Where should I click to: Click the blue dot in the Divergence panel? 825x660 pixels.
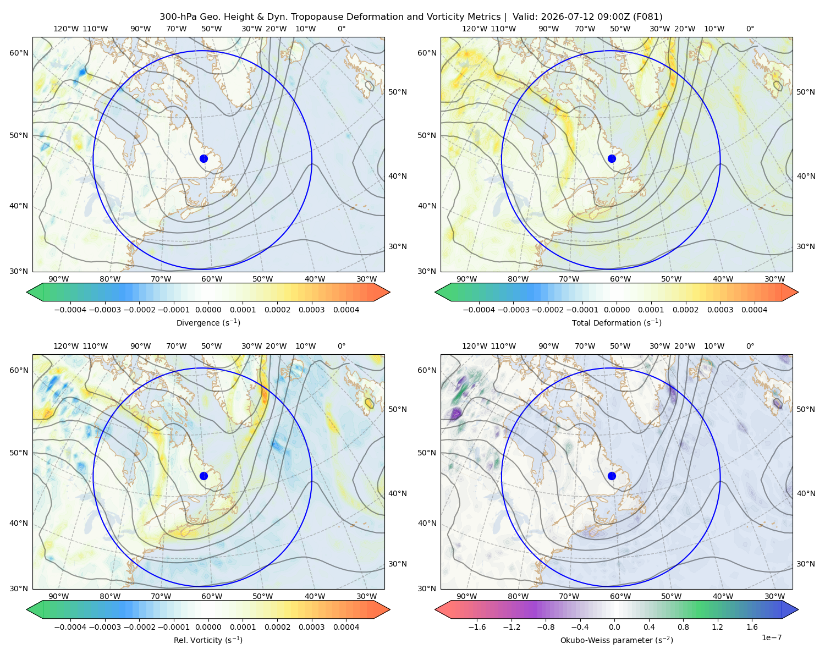[204, 158]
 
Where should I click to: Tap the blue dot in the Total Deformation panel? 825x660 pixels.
[612, 158]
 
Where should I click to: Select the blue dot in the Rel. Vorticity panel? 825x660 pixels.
[204, 476]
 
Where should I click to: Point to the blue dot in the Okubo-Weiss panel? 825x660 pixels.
[612, 476]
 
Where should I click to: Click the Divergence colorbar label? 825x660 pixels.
[208, 322]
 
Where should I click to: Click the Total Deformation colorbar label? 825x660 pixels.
[617, 322]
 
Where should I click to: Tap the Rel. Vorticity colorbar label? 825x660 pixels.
[208, 640]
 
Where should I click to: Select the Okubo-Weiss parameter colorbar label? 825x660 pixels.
[617, 640]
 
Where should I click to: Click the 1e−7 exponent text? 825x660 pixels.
[771, 637]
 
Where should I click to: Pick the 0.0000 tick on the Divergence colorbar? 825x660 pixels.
[208, 310]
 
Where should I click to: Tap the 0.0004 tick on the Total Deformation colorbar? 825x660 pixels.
[754, 310]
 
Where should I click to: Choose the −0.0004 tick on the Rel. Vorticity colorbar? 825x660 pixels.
[70, 626]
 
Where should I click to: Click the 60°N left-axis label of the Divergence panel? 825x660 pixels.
[19, 53]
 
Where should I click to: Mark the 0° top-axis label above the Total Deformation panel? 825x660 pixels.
[750, 29]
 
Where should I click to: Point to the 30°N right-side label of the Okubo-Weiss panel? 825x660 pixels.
[805, 563]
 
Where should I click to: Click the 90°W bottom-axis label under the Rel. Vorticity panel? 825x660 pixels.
[59, 596]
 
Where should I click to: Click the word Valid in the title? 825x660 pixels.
[522, 16]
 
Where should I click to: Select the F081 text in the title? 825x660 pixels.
[647, 16]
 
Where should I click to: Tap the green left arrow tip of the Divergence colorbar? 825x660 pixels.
[27, 292]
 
